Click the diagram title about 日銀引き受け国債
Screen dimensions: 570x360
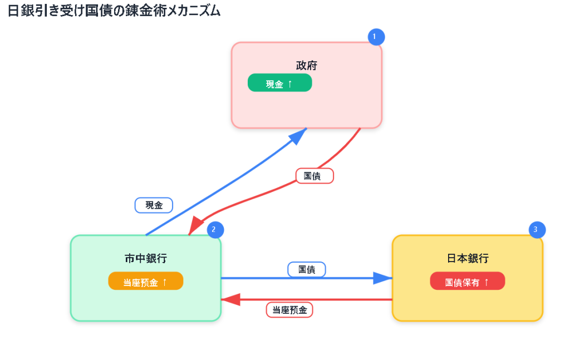click(114, 11)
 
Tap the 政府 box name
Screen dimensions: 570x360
click(307, 66)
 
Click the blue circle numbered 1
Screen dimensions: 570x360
click(376, 37)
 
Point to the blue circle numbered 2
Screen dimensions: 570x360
click(215, 230)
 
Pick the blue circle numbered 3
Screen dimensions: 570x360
click(537, 230)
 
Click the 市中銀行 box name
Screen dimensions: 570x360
click(145, 258)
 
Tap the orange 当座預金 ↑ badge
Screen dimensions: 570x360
click(145, 281)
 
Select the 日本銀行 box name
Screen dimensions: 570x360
click(468, 258)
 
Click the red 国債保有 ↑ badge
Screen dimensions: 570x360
click(467, 281)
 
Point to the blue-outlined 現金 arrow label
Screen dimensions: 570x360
click(154, 205)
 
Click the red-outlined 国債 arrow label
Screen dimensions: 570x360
click(315, 176)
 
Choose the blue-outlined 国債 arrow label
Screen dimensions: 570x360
click(307, 269)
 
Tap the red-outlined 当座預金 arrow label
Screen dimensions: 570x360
click(289, 310)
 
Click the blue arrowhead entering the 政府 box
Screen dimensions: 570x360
click(298, 135)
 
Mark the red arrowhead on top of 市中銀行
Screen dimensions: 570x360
click(195, 225)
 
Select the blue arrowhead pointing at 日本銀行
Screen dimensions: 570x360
click(383, 278)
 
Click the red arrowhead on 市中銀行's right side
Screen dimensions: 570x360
click(230, 300)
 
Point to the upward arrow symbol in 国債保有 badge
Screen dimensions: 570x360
click(487, 282)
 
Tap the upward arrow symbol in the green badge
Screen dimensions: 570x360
click(289, 84)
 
